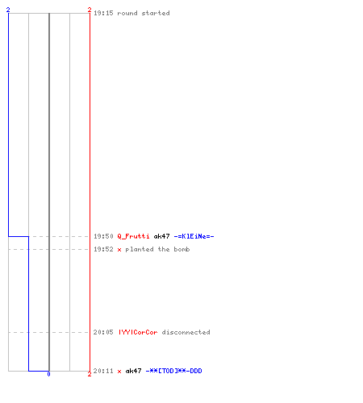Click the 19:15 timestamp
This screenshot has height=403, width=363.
pos(103,13)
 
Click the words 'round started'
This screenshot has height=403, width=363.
pos(144,13)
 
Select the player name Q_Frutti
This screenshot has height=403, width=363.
pos(133,236)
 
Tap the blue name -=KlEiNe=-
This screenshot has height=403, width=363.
pos(194,236)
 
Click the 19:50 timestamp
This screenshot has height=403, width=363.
pos(103,236)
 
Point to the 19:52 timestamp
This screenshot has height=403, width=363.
pos(103,249)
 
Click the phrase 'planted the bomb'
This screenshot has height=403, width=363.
pos(157,249)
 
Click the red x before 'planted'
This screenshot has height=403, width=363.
pos(119,250)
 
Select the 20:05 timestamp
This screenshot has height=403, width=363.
pos(103,332)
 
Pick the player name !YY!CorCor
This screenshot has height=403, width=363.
pos(138,332)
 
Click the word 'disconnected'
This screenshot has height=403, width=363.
pos(186,332)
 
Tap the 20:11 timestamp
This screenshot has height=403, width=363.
pos(103,371)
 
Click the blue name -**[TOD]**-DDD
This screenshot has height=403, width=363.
pos(173,371)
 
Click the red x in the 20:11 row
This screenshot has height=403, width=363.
pos(119,372)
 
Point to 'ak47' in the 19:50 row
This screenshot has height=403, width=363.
pos(161,236)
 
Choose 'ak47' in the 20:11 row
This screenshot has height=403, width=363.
pos(133,371)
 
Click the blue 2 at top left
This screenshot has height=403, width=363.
pos(8,10)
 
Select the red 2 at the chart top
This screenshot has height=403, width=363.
pos(90,10)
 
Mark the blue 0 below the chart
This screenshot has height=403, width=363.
pos(48,374)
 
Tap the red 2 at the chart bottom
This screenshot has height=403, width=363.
pos(90,374)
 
